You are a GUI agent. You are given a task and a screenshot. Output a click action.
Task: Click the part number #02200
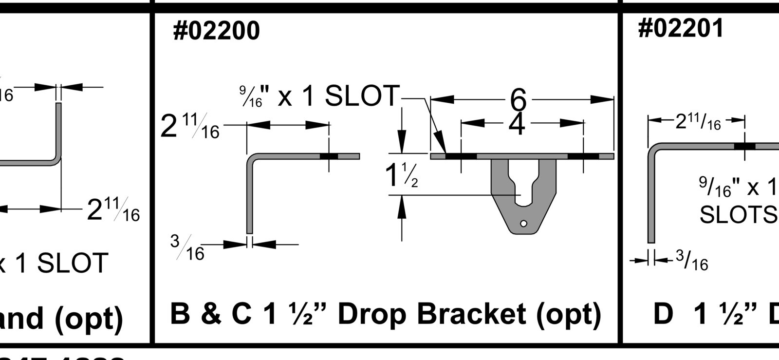click(216, 31)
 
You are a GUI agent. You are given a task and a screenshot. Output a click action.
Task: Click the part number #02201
click(680, 28)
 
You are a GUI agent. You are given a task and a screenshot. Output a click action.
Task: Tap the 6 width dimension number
click(519, 99)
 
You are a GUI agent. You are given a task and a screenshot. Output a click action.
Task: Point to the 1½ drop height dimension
click(401, 175)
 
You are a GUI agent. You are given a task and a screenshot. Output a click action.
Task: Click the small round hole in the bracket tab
click(523, 224)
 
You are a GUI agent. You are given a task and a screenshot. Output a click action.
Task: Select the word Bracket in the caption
click(471, 314)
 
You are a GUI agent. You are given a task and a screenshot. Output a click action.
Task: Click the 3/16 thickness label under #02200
click(188, 247)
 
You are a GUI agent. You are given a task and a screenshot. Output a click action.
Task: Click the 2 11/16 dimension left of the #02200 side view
click(190, 127)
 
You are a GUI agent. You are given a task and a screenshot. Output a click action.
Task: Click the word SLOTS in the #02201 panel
click(738, 214)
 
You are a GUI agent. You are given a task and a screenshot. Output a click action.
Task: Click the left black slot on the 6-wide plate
click(461, 156)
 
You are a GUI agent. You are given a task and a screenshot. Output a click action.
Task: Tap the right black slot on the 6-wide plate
click(583, 156)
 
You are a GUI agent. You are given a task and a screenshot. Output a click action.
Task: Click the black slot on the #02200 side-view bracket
click(329, 156)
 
